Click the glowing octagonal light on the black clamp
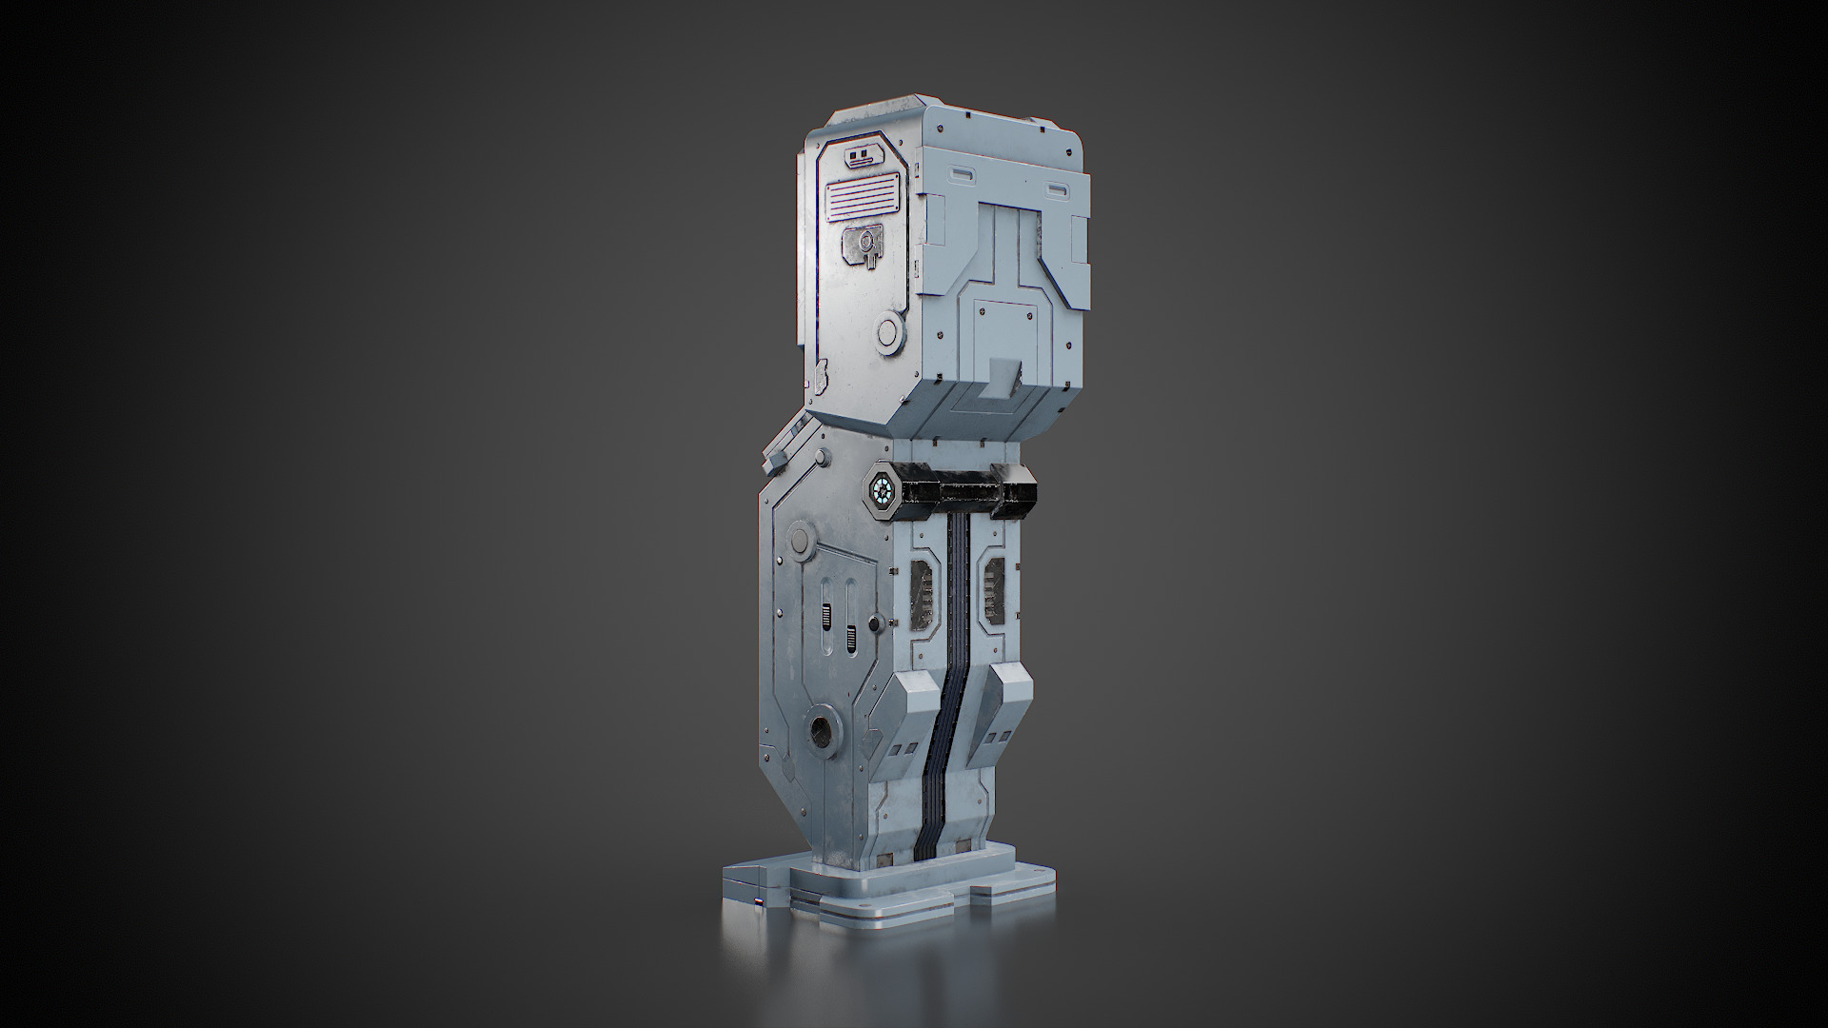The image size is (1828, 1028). (x=881, y=491)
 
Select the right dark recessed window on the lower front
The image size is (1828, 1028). (x=992, y=586)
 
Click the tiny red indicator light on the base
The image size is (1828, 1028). (x=758, y=902)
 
